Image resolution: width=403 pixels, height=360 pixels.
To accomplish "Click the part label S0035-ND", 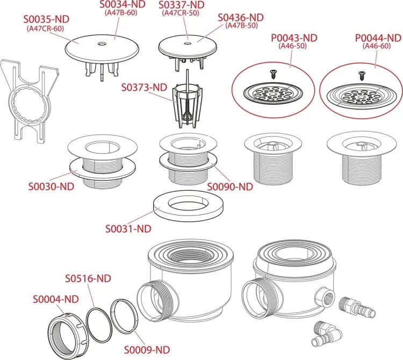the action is tap(46, 19).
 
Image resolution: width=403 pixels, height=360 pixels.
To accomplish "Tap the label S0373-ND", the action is tap(144, 88).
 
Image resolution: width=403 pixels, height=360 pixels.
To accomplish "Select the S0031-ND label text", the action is tap(128, 229).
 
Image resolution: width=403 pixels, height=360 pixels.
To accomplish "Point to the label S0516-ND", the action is tap(88, 278).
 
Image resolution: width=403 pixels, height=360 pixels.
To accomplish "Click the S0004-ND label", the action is tap(55, 299).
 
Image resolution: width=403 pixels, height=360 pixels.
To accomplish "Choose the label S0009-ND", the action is tap(147, 350).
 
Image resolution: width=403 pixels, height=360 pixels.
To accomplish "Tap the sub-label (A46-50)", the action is tap(293, 46).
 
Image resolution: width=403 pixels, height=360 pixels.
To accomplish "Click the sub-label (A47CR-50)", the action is tap(181, 13).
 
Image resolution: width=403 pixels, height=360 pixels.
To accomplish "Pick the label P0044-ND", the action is tap(378, 38).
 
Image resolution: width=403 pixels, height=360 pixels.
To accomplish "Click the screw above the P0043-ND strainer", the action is tap(273, 74).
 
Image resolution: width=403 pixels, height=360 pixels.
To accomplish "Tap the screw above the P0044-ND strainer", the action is tap(362, 76).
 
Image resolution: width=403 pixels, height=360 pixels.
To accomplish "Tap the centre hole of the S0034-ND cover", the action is tap(102, 44).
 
